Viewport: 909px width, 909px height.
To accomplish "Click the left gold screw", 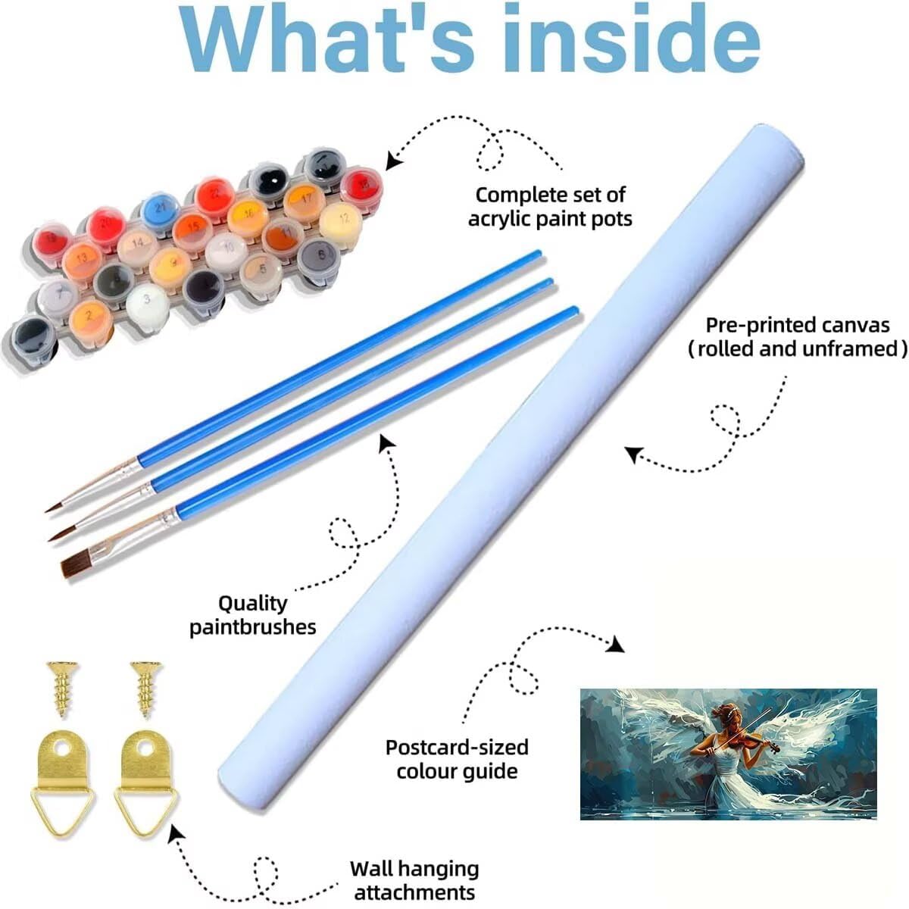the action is point(62,689).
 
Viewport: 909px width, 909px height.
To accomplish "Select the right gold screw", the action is point(146,689).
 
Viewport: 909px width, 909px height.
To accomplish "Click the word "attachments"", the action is point(414,892).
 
